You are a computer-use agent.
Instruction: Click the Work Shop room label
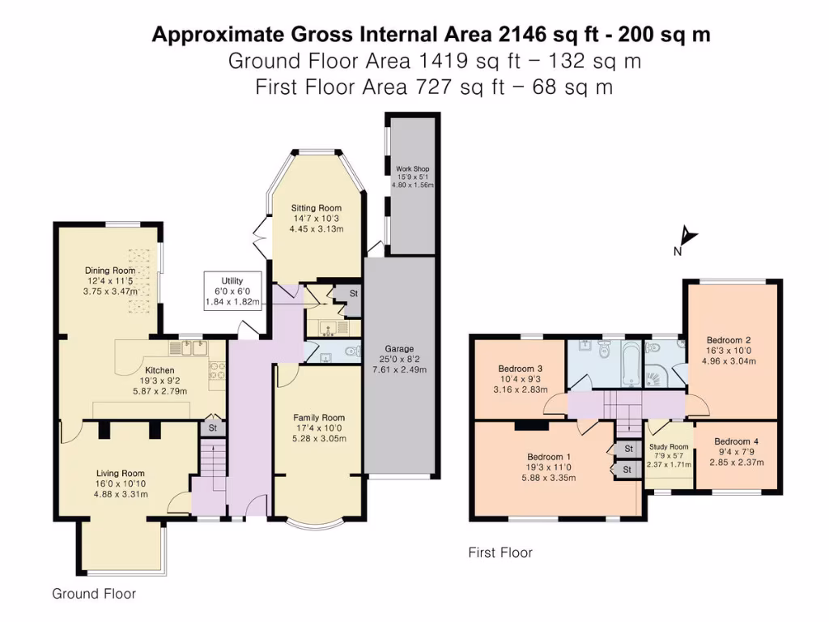coord(412,169)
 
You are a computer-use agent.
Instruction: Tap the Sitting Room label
coord(317,208)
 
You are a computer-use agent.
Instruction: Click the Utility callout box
coord(232,291)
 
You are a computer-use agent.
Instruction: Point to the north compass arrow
coord(687,237)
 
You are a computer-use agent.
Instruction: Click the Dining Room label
coord(110,271)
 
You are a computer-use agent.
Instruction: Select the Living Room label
coord(121,474)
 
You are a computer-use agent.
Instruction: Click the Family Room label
coord(318,418)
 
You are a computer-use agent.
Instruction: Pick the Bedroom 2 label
coord(729,340)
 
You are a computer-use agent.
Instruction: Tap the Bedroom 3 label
coord(516,369)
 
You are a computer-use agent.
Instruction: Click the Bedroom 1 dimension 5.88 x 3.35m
coord(551,478)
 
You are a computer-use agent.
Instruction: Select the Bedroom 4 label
coord(736,441)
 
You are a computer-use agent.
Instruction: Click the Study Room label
coord(669,446)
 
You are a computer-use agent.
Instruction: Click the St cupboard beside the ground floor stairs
coord(213,428)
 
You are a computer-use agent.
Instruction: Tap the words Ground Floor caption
coord(94,594)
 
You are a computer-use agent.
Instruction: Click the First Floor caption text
coord(500,552)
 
